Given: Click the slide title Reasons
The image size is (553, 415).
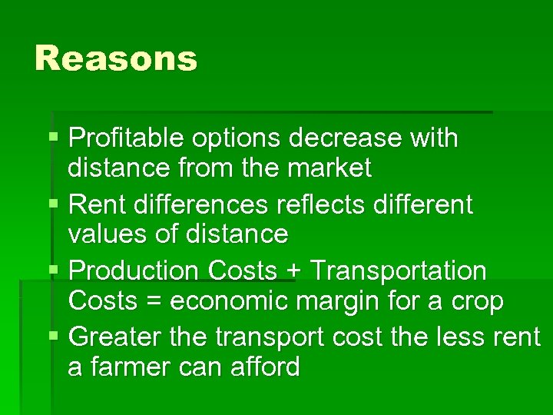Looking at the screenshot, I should point(116,58).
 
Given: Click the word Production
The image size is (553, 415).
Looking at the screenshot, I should point(133,271).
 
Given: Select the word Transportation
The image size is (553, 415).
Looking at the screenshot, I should point(398,271).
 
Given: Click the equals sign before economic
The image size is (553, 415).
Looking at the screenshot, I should point(154,301).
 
